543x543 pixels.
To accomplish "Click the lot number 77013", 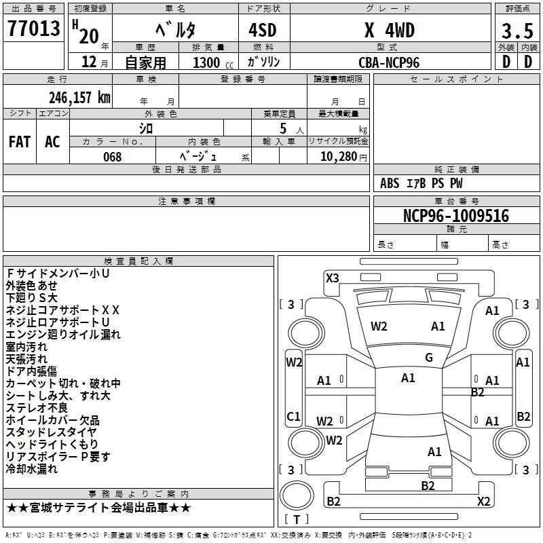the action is (33, 28).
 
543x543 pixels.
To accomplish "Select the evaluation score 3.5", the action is (517, 31).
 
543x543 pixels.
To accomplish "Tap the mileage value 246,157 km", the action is (79, 97).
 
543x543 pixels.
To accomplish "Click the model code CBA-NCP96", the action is (389, 62).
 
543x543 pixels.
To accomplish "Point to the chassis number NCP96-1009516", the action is (456, 216).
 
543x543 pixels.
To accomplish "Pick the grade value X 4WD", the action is (390, 30).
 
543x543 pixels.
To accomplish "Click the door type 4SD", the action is (263, 30).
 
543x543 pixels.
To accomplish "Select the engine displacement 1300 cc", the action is (213, 62).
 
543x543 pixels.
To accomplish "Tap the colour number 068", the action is (113, 157).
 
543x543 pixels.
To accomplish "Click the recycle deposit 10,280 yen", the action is (343, 157).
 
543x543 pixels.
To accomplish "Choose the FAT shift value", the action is (20, 142).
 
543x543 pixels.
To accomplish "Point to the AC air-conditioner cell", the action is (53, 142).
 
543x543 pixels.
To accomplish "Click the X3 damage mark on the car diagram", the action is (332, 278).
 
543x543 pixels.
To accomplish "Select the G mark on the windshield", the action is (429, 358).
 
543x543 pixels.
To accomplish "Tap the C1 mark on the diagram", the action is (293, 416).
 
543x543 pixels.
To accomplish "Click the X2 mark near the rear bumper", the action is (483, 501).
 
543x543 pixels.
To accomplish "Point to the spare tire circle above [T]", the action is (297, 495).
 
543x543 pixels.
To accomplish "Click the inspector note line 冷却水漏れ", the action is (31, 469).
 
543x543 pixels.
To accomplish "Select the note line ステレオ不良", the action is (37, 408).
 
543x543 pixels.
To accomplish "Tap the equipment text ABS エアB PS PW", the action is (421, 183).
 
